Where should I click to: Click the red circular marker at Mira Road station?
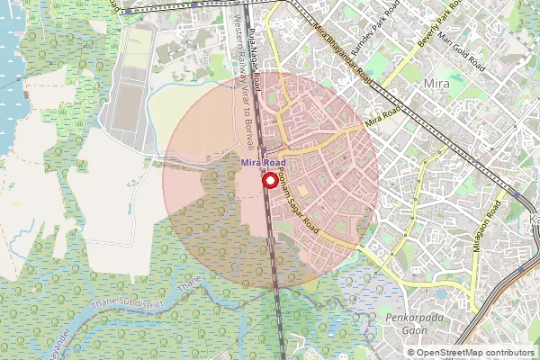[x=269, y=179]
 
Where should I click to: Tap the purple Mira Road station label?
[x=263, y=162]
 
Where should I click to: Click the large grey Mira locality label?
[x=436, y=85]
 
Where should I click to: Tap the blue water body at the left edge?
[x=9, y=54]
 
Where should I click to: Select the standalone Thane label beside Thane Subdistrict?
[x=188, y=285]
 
